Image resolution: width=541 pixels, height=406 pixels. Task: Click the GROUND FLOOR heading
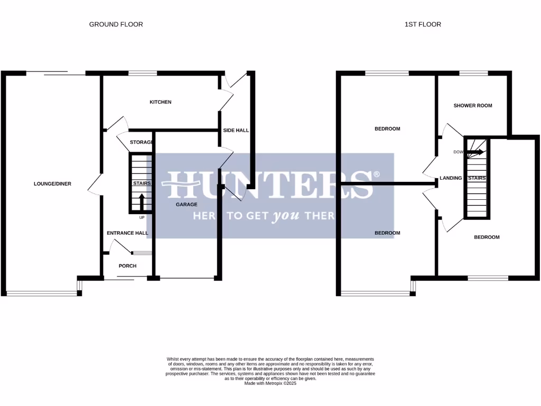click(116, 24)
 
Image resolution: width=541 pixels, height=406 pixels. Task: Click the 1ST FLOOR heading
click(423, 24)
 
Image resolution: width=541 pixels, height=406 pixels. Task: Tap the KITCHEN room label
click(160, 102)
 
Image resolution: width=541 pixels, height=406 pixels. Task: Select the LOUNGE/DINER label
click(52, 184)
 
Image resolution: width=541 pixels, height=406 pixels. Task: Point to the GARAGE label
click(186, 205)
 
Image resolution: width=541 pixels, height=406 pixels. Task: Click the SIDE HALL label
click(236, 130)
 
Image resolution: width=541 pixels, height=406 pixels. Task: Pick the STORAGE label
click(141, 142)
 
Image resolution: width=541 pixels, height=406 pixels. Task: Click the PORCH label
click(127, 266)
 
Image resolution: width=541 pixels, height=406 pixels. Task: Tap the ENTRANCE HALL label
click(127, 233)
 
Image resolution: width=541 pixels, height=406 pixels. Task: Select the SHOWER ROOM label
click(472, 106)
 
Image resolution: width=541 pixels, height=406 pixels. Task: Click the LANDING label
click(451, 178)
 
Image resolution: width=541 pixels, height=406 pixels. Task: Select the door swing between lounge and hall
click(95, 184)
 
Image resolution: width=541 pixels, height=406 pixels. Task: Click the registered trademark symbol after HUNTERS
click(377, 174)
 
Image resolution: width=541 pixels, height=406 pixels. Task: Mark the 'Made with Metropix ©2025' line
click(270, 383)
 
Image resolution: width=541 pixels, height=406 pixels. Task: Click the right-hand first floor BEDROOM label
click(486, 237)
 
